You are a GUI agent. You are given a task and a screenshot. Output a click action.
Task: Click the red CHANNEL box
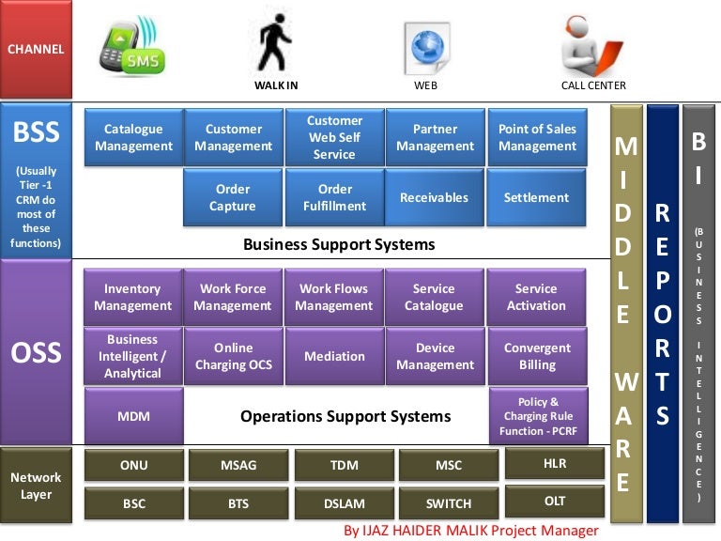point(36,49)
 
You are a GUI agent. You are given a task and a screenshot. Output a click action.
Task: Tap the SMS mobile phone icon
point(132,46)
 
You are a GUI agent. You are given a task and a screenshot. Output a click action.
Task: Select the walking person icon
point(274,43)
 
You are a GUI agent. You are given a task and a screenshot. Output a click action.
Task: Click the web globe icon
point(427,48)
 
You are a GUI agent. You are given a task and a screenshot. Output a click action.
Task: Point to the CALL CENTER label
point(593,85)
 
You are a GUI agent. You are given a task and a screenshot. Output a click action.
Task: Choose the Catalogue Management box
point(133,137)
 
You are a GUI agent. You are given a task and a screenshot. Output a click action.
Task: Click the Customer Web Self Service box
point(334,137)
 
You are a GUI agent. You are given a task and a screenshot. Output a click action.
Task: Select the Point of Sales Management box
point(537,137)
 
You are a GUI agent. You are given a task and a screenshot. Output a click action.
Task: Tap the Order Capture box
point(233,197)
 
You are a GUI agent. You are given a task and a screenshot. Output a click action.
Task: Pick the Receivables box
point(434,197)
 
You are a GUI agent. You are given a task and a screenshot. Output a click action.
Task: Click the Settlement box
point(536,197)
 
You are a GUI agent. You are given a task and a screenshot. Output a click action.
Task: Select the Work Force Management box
point(233,297)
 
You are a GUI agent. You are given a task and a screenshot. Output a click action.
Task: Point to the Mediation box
point(334,356)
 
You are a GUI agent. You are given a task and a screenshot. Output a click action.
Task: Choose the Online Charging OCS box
point(234,356)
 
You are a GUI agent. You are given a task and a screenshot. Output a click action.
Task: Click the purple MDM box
point(134,416)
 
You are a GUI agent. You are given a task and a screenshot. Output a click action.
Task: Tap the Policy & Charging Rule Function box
point(539,416)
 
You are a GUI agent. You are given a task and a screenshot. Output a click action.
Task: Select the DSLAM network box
point(344,503)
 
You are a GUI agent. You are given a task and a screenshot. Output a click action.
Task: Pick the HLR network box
point(555,463)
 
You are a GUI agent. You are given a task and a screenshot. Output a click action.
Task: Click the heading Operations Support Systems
point(345,416)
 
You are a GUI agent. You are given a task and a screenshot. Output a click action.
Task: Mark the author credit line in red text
point(471,531)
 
